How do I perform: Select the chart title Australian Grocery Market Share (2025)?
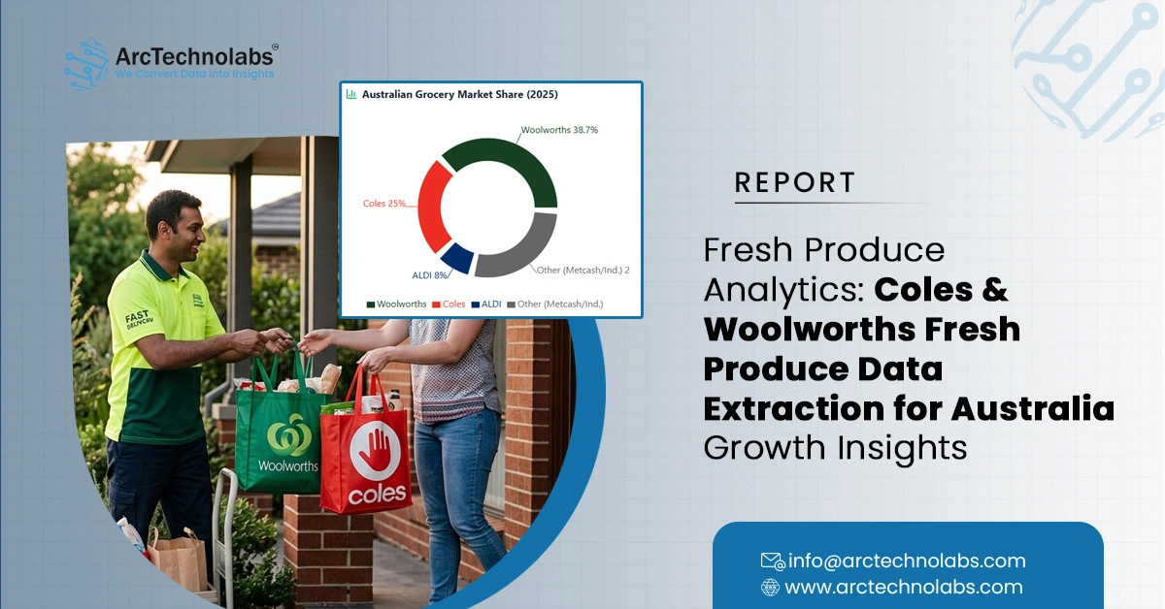coord(459,95)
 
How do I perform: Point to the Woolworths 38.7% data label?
coord(559,130)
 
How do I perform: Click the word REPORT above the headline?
coord(795,182)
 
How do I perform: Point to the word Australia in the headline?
coord(1032,408)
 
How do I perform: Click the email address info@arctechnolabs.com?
coord(905,561)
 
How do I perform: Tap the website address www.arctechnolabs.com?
coord(903,587)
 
